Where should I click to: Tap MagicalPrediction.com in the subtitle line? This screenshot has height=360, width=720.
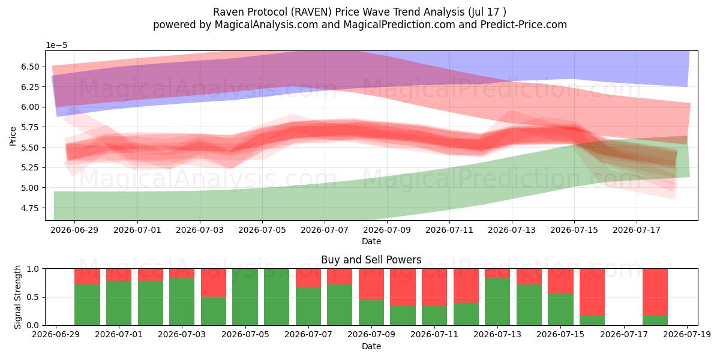tap(399, 25)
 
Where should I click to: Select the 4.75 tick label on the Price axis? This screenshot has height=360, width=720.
tap(30, 208)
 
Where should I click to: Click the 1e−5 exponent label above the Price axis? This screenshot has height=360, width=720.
tap(56, 46)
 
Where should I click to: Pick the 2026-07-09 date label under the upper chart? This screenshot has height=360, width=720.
tap(386, 230)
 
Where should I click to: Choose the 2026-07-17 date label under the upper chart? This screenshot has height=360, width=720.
tap(637, 230)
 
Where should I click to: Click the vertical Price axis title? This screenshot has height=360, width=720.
tap(13, 136)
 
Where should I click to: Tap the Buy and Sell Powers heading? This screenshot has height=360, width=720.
tap(371, 260)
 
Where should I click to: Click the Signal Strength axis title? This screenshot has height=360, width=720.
tap(17, 297)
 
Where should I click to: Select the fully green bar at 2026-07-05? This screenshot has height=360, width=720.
tap(245, 297)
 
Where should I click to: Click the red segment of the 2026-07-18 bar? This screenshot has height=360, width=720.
tap(655, 292)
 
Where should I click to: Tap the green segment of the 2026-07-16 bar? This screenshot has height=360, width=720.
tap(592, 320)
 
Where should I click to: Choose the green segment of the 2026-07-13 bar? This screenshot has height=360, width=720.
tap(497, 301)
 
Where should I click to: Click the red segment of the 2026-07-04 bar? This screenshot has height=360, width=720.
tap(214, 283)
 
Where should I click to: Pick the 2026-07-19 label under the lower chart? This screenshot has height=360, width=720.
tap(687, 335)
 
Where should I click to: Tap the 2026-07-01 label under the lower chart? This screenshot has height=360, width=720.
tap(119, 335)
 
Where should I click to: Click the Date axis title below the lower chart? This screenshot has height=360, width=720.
tap(371, 346)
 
